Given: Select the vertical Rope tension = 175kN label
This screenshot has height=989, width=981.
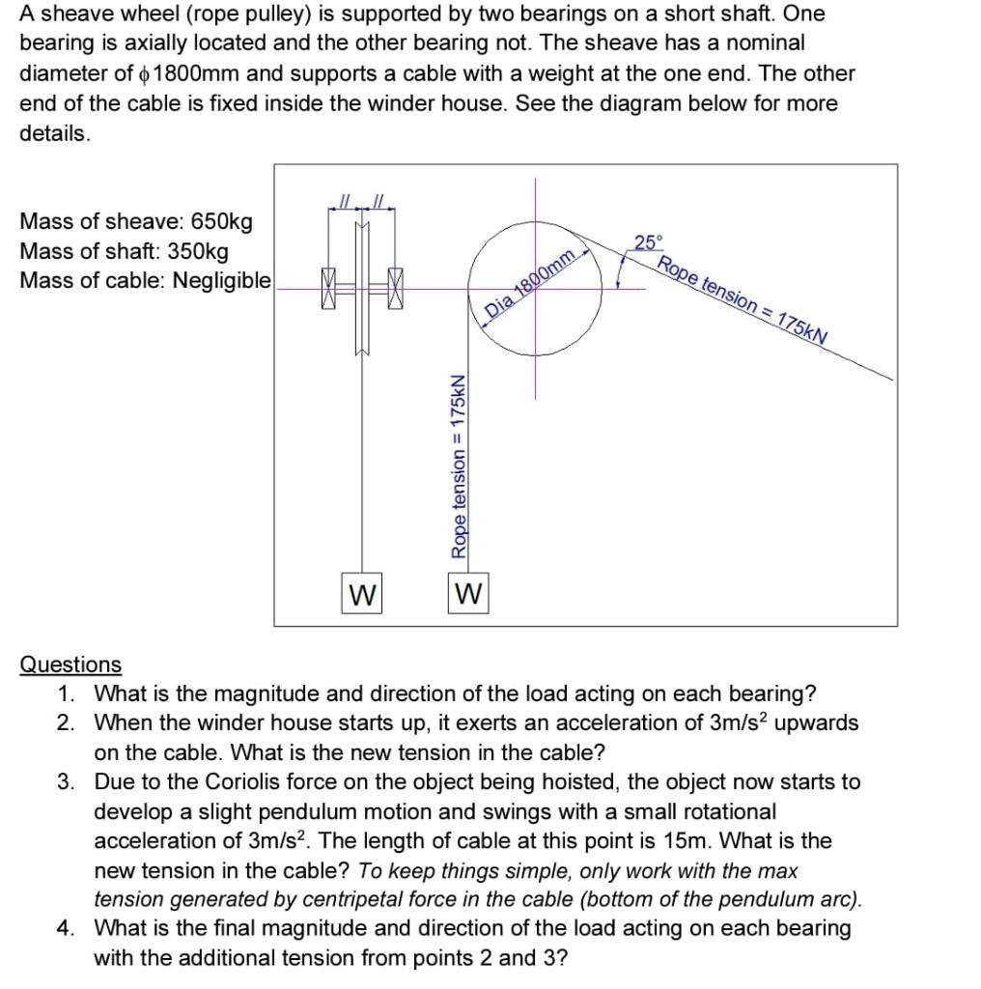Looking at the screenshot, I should pos(460,466).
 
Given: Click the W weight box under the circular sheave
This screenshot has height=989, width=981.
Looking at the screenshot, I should pos(469,592).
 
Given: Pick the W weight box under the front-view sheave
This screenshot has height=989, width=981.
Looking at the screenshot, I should pos(362,593).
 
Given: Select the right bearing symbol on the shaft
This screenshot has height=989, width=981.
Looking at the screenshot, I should pos(395,289).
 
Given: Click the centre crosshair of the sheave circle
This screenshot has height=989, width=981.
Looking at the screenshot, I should pos(536,287).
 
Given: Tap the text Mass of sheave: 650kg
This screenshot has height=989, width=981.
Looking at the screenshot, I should pos(136,221).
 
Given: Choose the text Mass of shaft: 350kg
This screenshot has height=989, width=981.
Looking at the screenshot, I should pos(125,251).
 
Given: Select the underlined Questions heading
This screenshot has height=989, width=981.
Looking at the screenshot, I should pos(71,664).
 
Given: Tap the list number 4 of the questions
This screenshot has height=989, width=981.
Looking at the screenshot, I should pos(64,928).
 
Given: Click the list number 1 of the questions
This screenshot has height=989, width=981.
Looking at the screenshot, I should pos(64,693).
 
